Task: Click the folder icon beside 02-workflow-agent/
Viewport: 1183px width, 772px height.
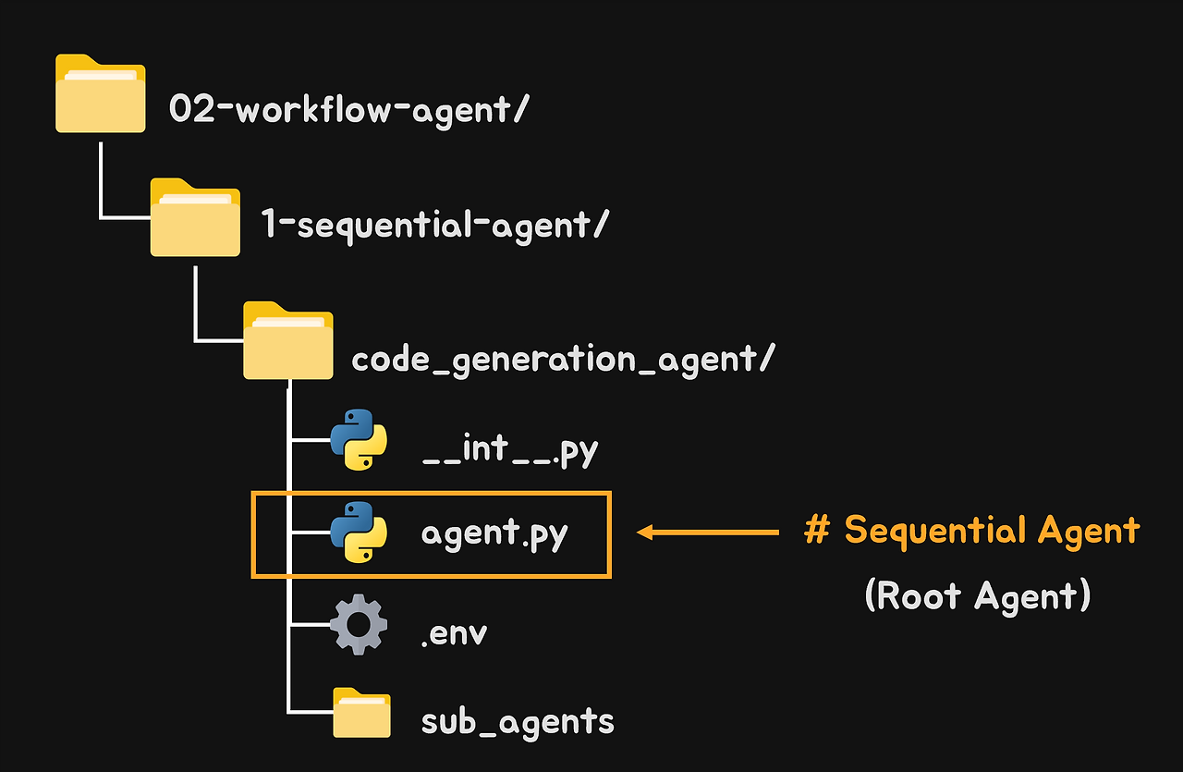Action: (x=100, y=94)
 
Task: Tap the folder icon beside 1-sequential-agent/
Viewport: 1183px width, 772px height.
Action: (x=195, y=218)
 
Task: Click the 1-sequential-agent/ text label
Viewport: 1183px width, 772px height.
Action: (x=434, y=224)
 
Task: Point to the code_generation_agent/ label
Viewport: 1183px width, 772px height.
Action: (x=562, y=360)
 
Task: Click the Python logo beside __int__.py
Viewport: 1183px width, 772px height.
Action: (x=358, y=440)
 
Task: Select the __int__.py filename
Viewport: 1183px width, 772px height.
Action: (x=509, y=451)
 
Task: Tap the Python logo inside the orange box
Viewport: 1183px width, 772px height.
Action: (x=358, y=532)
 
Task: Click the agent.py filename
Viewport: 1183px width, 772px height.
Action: (x=494, y=534)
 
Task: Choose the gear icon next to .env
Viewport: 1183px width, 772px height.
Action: (x=358, y=626)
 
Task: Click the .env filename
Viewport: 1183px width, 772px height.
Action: (x=454, y=633)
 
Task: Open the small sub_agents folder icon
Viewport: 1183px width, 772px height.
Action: (x=361, y=713)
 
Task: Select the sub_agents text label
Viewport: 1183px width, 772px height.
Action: (x=518, y=722)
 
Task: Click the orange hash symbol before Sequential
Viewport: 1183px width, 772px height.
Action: (x=816, y=531)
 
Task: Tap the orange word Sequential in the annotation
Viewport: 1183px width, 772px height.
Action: (x=934, y=531)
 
